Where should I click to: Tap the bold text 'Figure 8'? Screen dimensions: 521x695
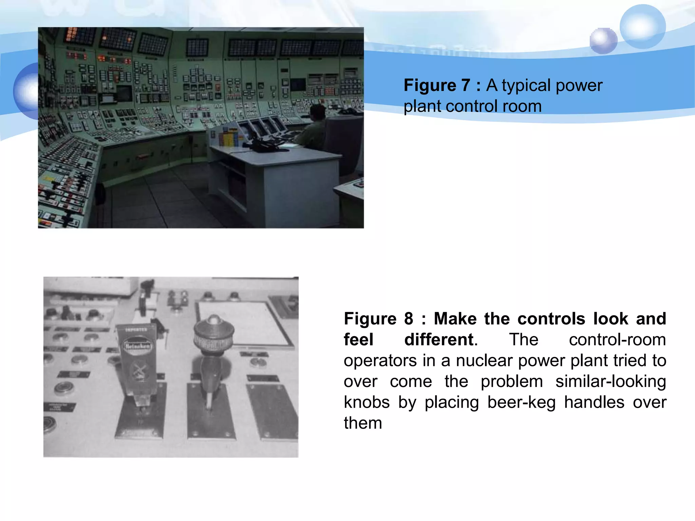[x=378, y=319]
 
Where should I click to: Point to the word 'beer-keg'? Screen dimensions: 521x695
[x=522, y=402]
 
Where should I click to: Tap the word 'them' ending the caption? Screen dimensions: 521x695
[x=363, y=423]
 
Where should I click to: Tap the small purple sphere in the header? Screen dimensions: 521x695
[x=603, y=41]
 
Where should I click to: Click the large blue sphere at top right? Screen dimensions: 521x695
[x=642, y=26]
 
